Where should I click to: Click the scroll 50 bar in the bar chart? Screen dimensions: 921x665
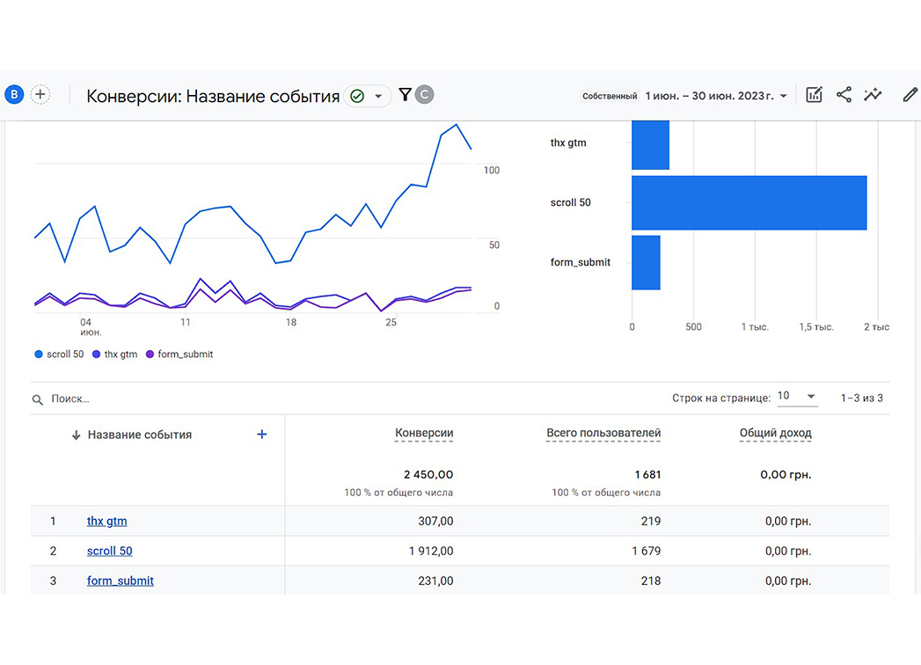click(x=749, y=202)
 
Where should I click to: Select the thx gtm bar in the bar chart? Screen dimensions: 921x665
click(x=650, y=145)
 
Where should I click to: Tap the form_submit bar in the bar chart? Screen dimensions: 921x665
click(x=647, y=263)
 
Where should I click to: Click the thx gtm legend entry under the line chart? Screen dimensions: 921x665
click(x=115, y=354)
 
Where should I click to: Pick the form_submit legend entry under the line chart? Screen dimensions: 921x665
click(x=179, y=354)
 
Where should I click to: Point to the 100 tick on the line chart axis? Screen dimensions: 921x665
click(x=492, y=171)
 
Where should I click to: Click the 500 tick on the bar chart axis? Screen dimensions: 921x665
click(x=693, y=326)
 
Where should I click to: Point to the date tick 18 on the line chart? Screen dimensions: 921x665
click(x=291, y=323)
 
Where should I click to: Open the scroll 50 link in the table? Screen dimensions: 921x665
click(x=109, y=551)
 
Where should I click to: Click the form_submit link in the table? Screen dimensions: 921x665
click(x=121, y=581)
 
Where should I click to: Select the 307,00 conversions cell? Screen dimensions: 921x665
click(x=435, y=521)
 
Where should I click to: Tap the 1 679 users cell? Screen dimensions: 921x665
click(x=647, y=551)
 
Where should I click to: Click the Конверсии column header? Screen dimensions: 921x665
click(x=424, y=433)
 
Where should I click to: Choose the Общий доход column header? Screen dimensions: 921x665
click(x=775, y=433)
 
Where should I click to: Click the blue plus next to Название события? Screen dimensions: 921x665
click(x=262, y=435)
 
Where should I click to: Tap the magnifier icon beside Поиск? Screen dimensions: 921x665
click(x=38, y=399)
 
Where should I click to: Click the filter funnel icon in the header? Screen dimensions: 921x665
click(x=405, y=95)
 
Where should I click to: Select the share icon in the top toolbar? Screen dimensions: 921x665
click(x=844, y=95)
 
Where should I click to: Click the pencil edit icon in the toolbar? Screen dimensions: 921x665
click(x=910, y=95)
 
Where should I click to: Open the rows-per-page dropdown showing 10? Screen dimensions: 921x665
click(x=796, y=397)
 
